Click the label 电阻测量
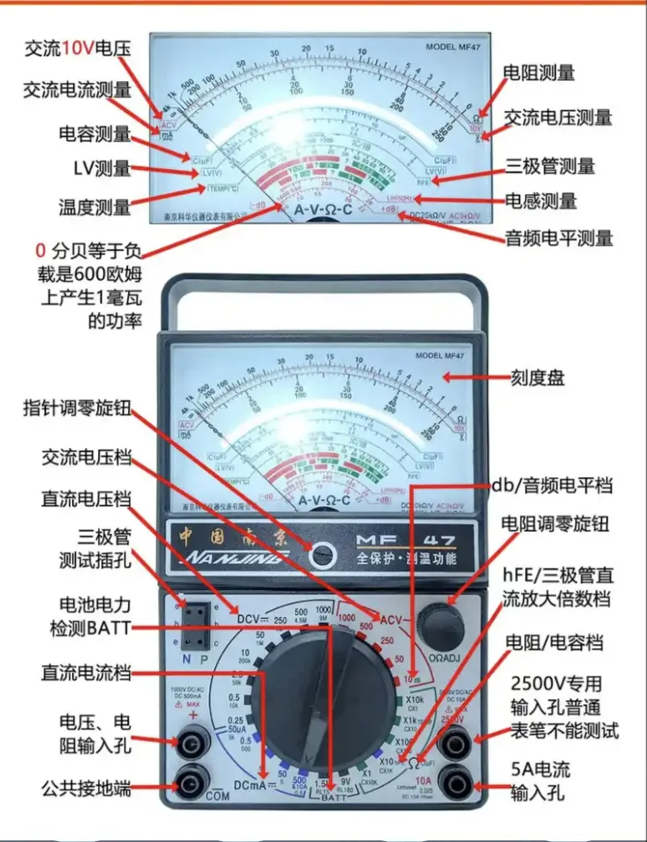click(x=538, y=73)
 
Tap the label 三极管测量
click(x=548, y=165)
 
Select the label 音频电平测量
click(x=558, y=237)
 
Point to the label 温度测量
click(x=94, y=205)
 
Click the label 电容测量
click(x=94, y=134)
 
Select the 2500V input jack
click(x=457, y=738)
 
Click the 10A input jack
click(x=457, y=783)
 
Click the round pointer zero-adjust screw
click(x=323, y=551)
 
